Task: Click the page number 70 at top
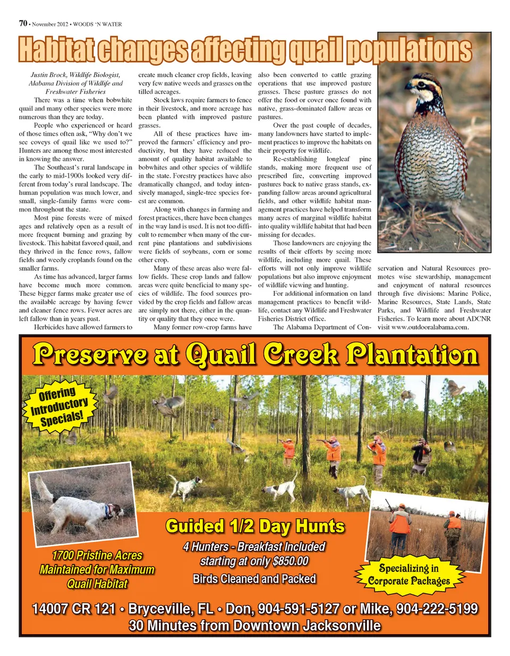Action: coord(23,23)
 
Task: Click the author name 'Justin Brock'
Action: coord(49,75)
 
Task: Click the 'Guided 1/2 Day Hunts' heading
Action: coord(255,526)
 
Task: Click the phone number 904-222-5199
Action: coord(437,609)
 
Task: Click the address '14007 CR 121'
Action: coord(74,609)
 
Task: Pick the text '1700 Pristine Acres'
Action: coord(97,555)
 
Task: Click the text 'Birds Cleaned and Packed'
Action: coord(254,579)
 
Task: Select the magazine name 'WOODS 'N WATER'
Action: coord(97,24)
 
